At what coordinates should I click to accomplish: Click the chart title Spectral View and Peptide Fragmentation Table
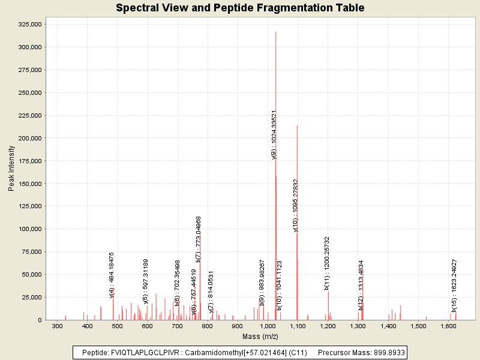click(240, 8)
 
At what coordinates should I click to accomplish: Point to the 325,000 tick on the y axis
click(29, 24)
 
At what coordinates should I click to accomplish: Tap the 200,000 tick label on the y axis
click(29, 138)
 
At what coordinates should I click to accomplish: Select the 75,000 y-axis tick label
click(31, 252)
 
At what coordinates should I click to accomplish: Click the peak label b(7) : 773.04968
click(199, 239)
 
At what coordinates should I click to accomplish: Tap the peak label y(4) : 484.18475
click(112, 274)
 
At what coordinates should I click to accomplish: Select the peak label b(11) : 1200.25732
click(327, 263)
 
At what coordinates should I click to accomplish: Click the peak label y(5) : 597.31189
click(146, 281)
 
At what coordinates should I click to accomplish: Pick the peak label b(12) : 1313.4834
click(361, 285)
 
